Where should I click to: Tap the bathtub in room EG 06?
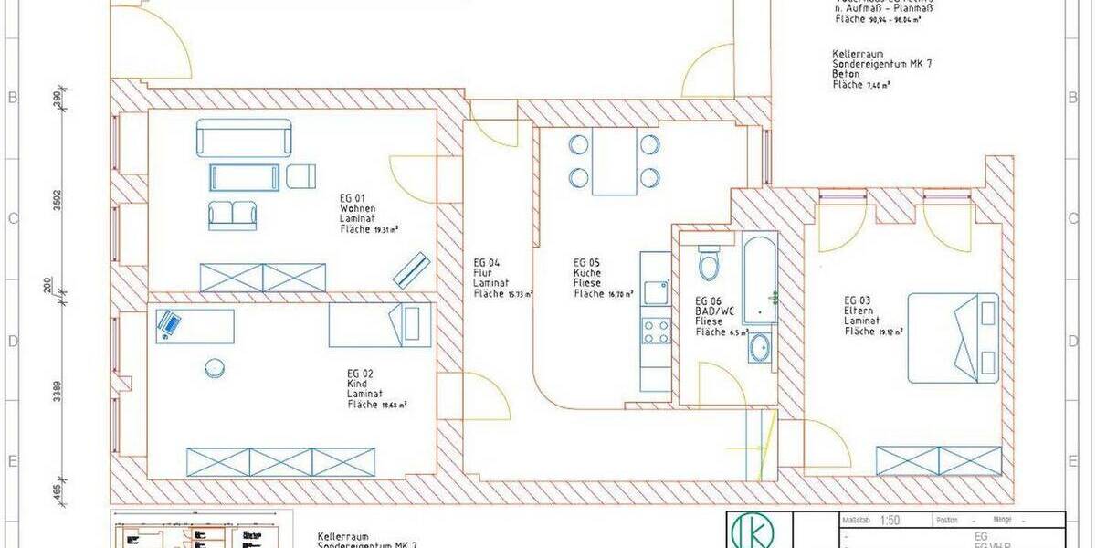point(760,279)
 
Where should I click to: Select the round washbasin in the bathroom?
point(758,348)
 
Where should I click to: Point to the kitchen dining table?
point(614,161)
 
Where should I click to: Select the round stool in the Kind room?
point(216,367)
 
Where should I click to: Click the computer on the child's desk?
point(169,323)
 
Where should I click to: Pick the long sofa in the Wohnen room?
point(243,138)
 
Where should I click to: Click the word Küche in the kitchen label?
point(586,272)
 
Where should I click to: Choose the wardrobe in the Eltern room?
point(932,461)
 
